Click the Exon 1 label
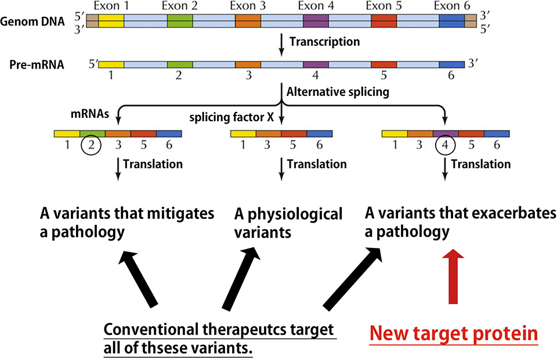pos(111,6)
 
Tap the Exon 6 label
pos(452,6)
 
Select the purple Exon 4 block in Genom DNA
pos(316,21)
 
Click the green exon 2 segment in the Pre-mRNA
pos(180,64)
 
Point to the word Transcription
pos(325,42)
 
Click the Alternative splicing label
pos(338,92)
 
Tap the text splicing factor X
pos(232,117)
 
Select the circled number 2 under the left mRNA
pos(91,145)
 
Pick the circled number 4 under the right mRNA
pos(445,145)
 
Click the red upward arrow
pos(453,276)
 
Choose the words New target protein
pos(454,334)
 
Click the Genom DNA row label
pos(32,21)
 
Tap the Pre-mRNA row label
pos(37,64)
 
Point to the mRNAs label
pos(90,114)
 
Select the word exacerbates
pos(498,213)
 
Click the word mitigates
pos(180,214)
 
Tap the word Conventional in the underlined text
pos(151,329)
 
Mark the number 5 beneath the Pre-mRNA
pos(384,75)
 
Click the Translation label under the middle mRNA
pos(317,164)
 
